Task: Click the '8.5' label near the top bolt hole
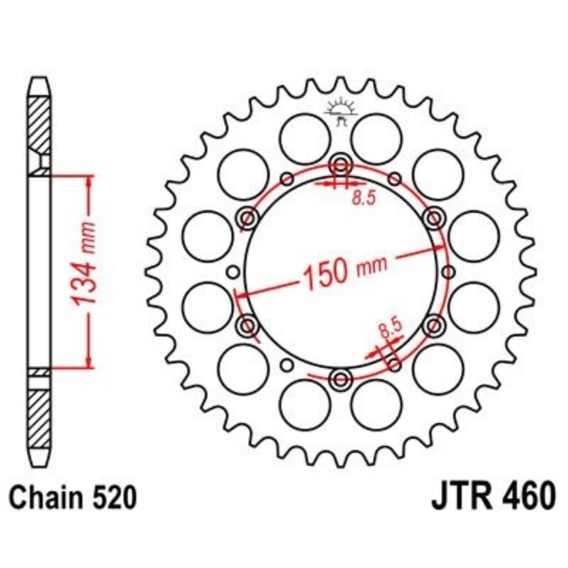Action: (363, 200)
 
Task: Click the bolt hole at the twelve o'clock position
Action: (340, 165)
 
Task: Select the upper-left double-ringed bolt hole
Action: (248, 217)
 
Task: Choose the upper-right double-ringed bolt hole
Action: (432, 217)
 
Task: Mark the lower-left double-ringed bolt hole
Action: (248, 325)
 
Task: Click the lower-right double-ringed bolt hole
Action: (432, 325)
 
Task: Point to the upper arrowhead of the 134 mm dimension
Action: (88, 180)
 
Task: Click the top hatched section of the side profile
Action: (40, 124)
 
